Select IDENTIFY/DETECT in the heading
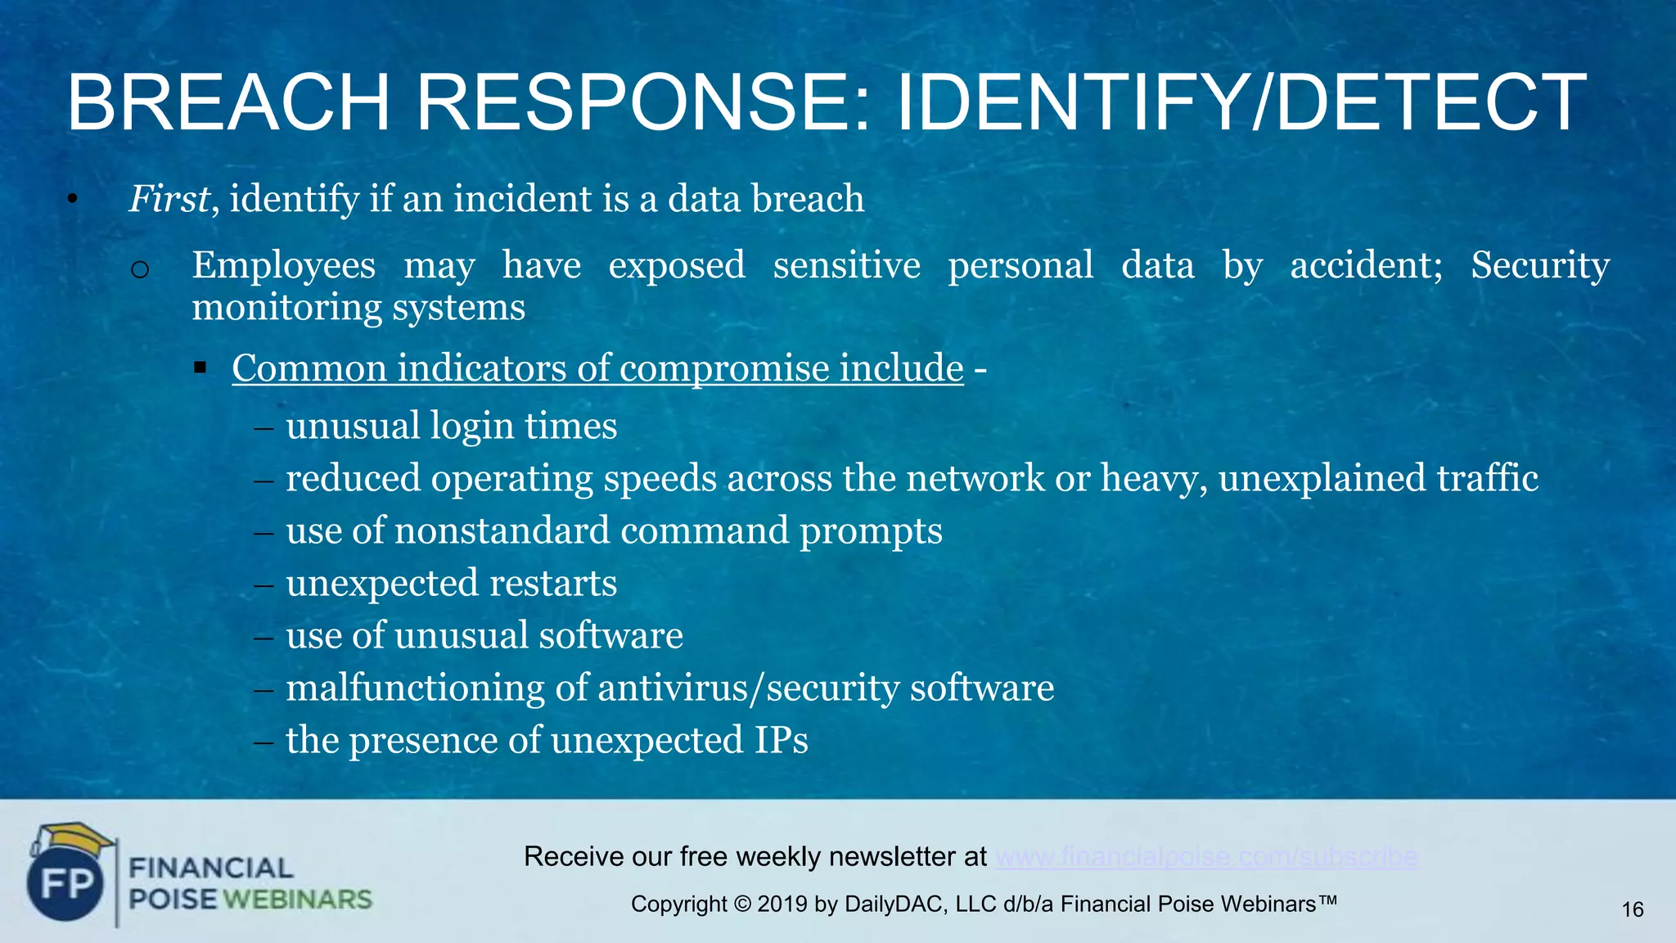click(1241, 103)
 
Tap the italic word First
click(169, 199)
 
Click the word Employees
click(283, 266)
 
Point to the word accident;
click(1366, 266)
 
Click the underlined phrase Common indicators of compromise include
click(597, 368)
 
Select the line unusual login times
click(451, 426)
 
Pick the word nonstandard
click(502, 531)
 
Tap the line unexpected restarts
click(451, 584)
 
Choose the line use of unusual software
click(484, 636)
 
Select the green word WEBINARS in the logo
click(298, 900)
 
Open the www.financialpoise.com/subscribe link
click(1206, 857)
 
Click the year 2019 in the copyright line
click(782, 905)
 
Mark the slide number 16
click(1632, 909)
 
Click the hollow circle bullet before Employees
click(140, 269)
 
